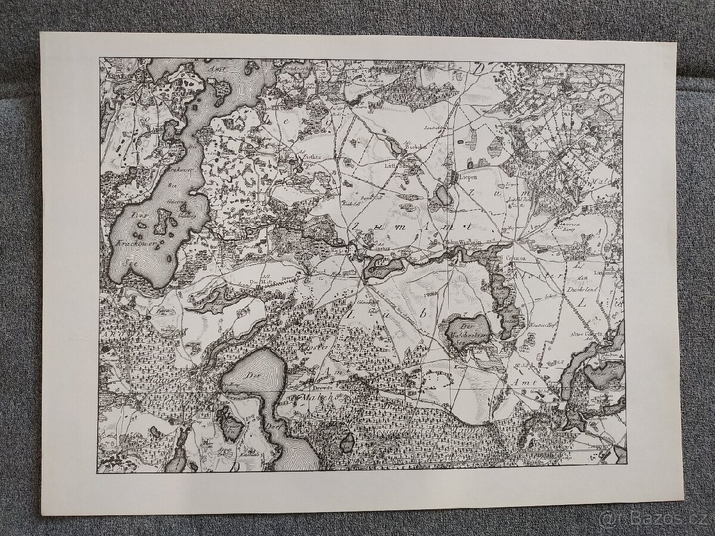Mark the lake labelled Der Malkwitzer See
[468, 331]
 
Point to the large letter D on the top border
[479, 68]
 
